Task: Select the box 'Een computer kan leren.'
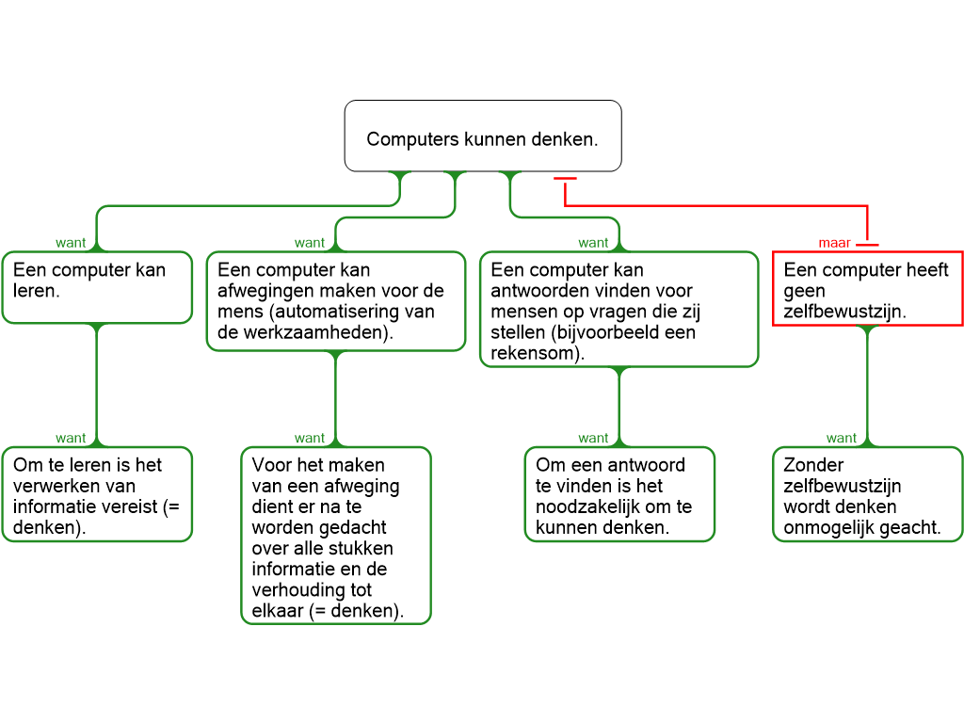[96, 287]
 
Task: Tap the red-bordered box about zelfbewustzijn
[867, 289]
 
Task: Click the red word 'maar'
[834, 243]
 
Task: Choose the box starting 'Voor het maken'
[336, 535]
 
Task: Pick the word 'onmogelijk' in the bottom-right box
[827, 527]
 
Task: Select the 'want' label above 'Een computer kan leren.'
[71, 243]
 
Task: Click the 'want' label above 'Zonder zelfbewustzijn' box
[842, 439]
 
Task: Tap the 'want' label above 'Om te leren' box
[71, 439]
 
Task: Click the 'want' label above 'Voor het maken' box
[310, 439]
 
